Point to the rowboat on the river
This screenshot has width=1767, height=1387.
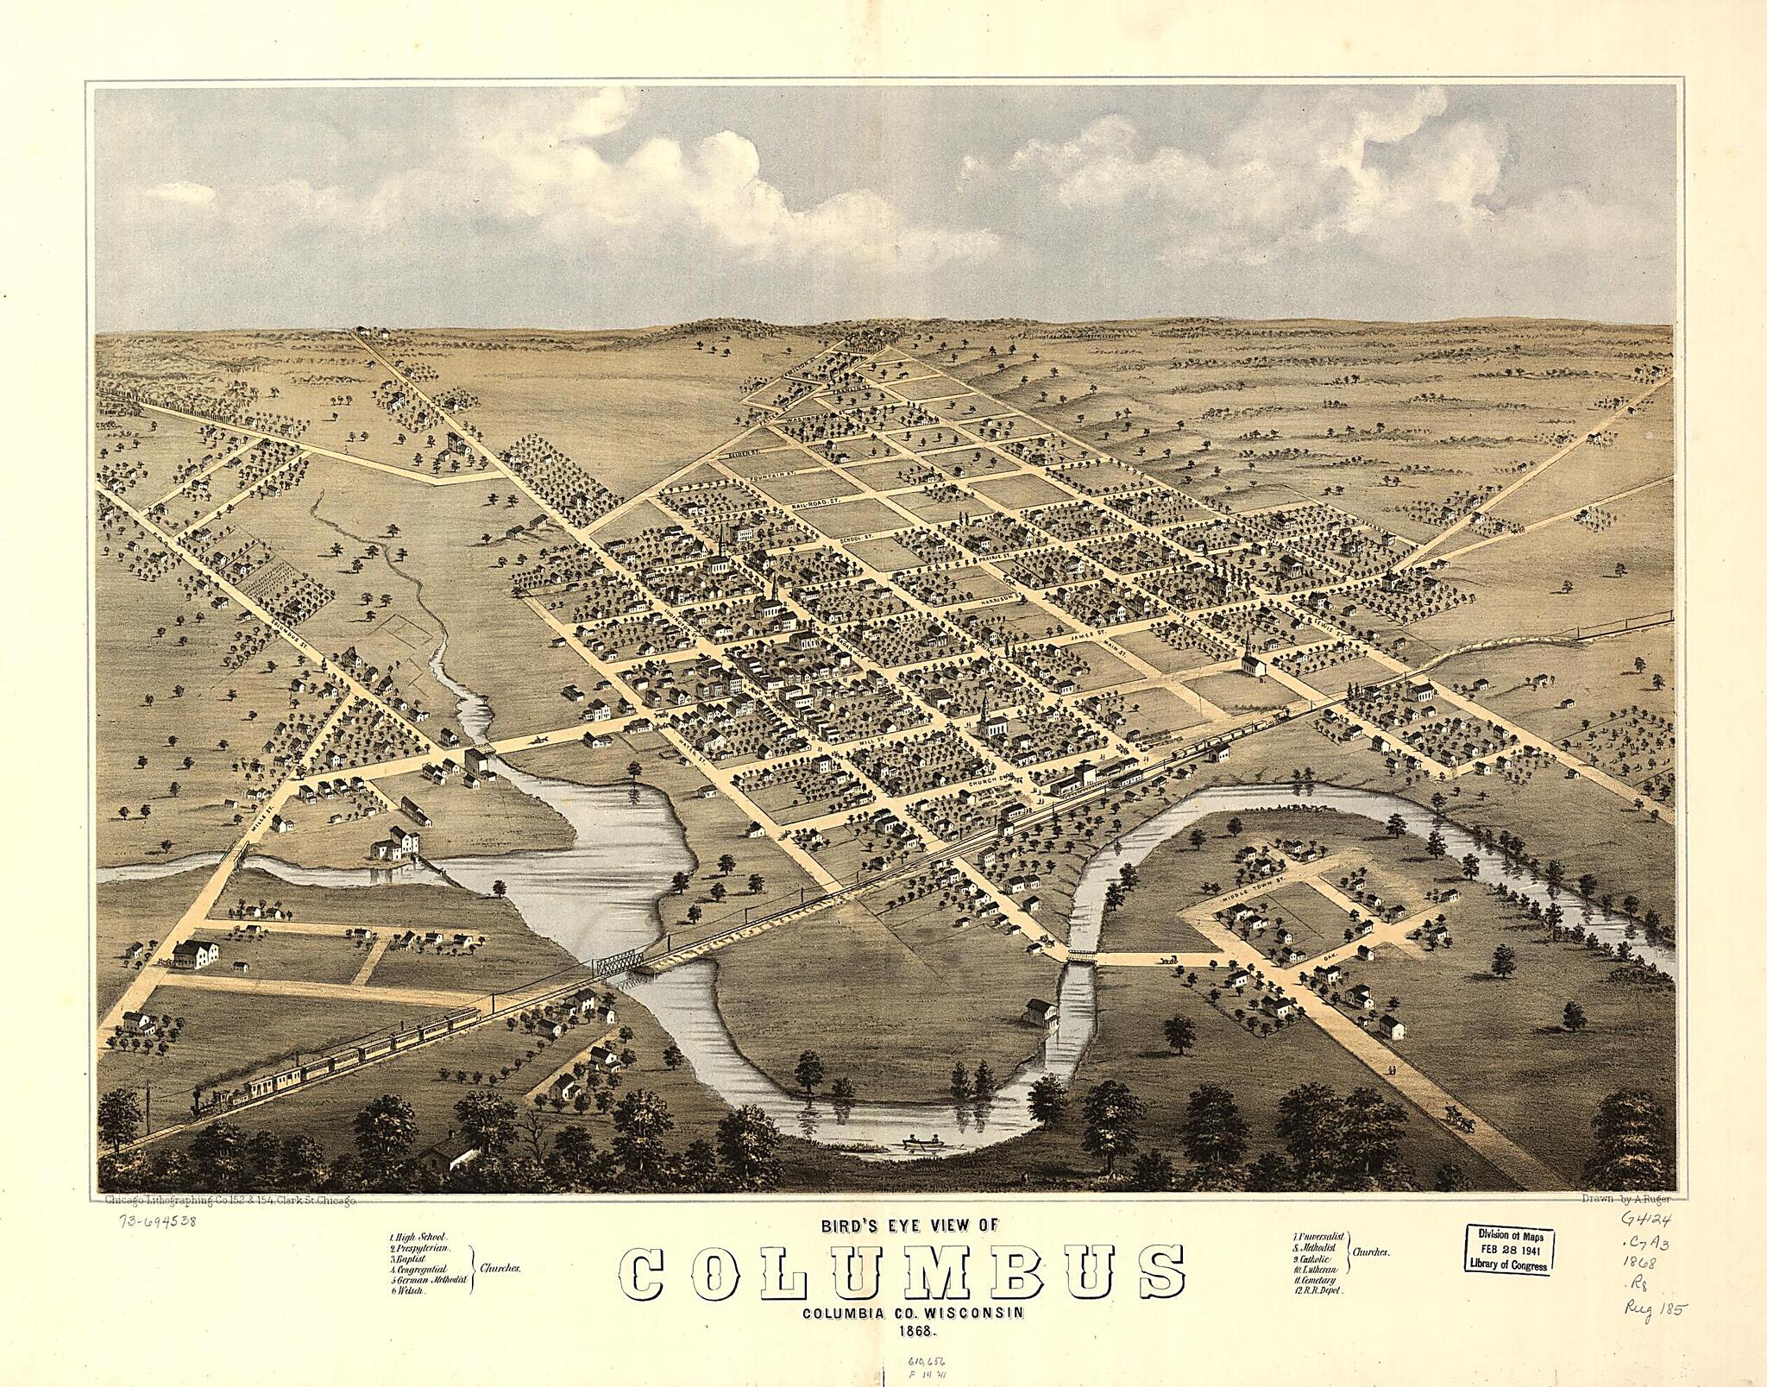click(921, 1145)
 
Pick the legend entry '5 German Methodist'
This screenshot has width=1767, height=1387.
click(428, 1282)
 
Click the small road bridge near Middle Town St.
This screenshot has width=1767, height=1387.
click(1080, 955)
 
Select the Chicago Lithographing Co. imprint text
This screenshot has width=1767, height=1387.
click(229, 1200)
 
